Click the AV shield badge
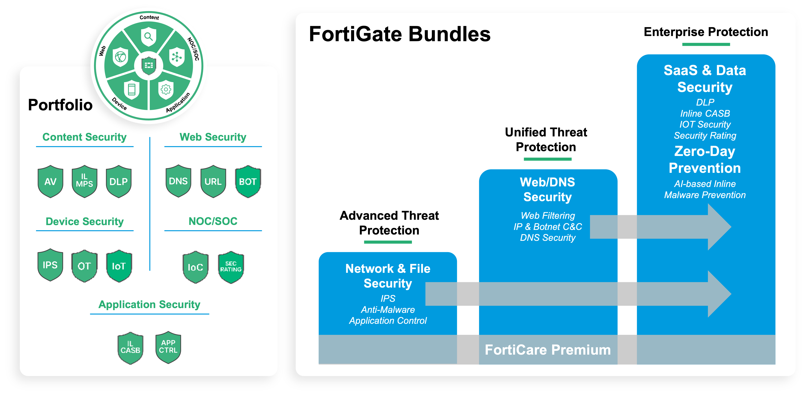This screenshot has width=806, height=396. click(50, 181)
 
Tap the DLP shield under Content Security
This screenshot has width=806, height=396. click(119, 181)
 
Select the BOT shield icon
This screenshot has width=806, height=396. click(248, 181)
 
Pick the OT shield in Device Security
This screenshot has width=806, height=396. click(84, 266)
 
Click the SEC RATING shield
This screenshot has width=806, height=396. click(231, 267)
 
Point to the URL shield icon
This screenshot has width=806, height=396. click(213, 181)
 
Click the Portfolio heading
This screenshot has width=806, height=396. click(60, 105)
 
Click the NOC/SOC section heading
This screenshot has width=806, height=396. click(213, 221)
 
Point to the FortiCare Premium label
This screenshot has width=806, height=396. click(548, 350)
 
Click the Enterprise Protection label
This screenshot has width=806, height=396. click(706, 32)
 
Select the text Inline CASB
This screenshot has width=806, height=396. click(705, 113)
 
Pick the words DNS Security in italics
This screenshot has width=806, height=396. click(548, 238)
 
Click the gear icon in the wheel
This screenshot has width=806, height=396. click(166, 89)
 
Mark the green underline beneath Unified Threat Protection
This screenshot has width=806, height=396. click(548, 159)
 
